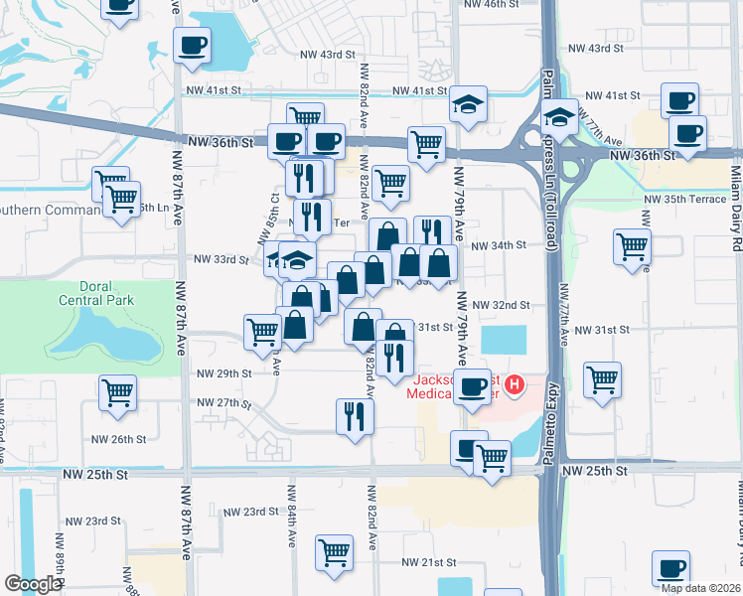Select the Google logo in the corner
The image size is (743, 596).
click(x=33, y=584)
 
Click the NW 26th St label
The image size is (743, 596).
click(x=118, y=439)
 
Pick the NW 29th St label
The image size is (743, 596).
click(x=224, y=373)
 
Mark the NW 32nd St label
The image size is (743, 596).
click(x=501, y=305)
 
